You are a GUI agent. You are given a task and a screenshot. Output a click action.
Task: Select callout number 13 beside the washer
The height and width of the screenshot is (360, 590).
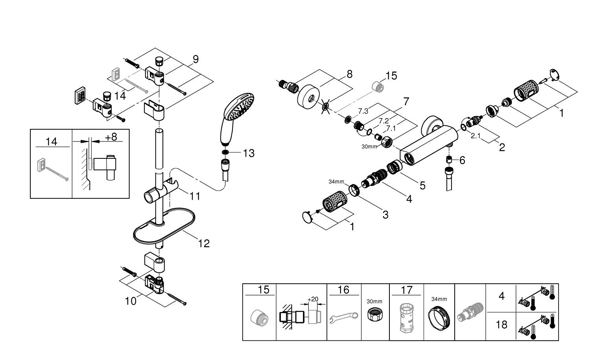[249, 153]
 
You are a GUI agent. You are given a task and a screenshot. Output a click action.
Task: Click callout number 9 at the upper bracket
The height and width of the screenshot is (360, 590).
[195, 59]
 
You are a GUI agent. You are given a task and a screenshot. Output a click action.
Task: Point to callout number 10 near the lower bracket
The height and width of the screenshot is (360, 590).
[131, 301]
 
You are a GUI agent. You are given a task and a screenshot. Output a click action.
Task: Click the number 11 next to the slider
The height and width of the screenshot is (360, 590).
[195, 196]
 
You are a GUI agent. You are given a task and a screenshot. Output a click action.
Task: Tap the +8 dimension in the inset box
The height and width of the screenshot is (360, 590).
[111, 137]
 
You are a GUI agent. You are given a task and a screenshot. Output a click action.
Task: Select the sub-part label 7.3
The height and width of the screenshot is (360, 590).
[363, 111]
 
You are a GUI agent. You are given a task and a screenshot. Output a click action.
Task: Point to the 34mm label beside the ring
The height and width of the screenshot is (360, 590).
[336, 182]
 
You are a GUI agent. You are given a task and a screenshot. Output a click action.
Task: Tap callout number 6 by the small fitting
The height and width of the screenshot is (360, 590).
[462, 160]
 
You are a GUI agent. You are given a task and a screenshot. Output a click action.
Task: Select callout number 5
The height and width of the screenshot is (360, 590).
[422, 185]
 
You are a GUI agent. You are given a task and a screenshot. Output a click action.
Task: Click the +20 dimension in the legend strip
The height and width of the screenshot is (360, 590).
[313, 299]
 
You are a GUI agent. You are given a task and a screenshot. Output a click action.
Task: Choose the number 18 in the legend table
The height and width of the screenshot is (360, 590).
[501, 325]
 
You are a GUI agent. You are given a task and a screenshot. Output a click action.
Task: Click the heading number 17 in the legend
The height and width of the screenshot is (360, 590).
[407, 290]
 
